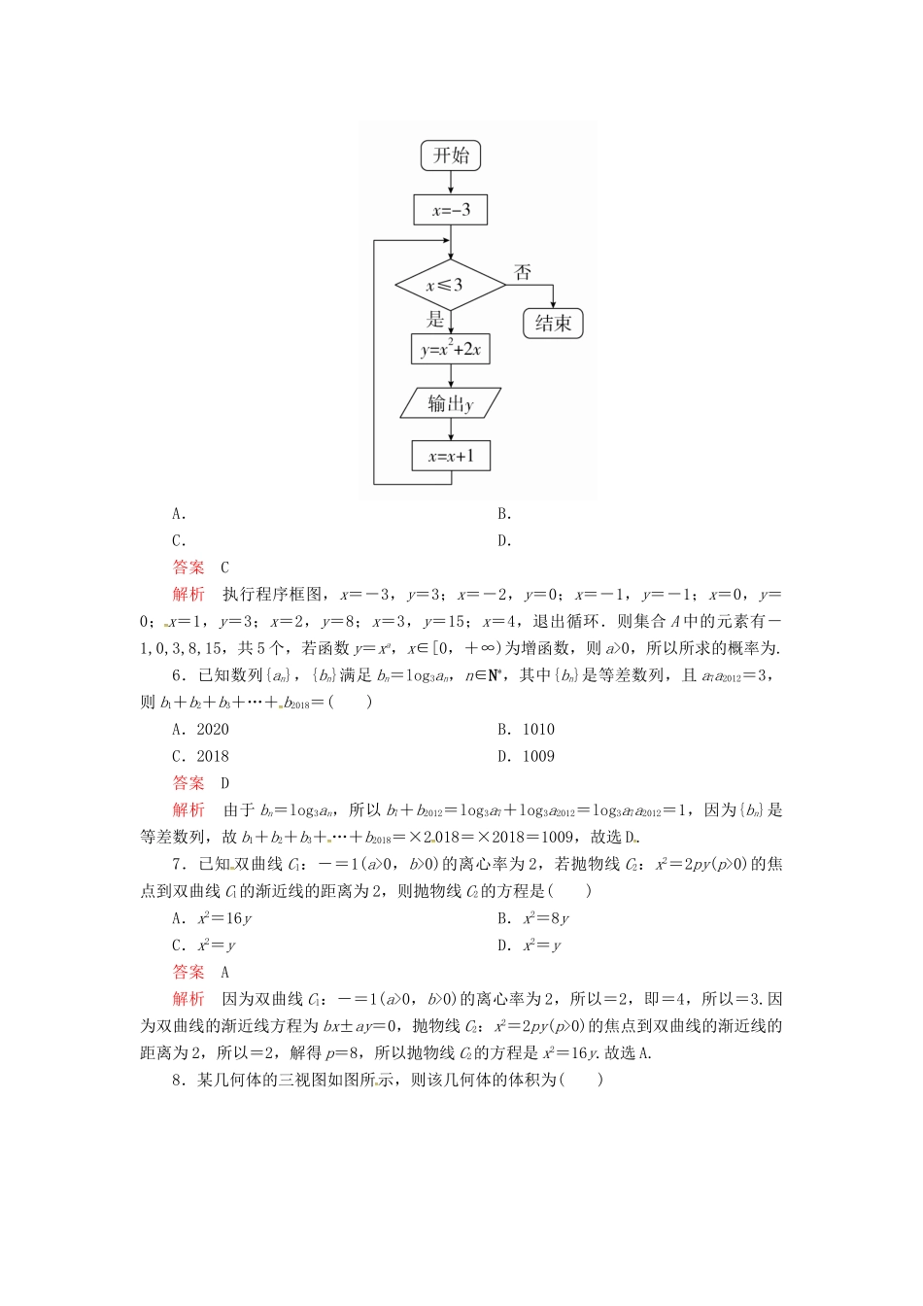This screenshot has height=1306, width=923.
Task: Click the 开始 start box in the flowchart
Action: click(x=451, y=155)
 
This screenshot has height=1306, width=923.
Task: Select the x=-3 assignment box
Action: click(x=451, y=210)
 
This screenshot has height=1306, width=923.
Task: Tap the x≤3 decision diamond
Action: click(x=450, y=285)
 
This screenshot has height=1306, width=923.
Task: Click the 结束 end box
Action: click(x=553, y=323)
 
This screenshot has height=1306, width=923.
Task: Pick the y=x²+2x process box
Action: click(x=450, y=350)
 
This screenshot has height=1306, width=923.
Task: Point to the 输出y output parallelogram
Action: click(x=450, y=403)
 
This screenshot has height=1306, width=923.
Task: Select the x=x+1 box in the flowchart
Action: click(x=451, y=456)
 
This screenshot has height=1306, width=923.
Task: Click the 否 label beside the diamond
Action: click(x=523, y=273)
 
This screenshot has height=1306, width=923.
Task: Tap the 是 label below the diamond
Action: click(x=435, y=319)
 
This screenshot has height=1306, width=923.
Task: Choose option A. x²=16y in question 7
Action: click(x=213, y=918)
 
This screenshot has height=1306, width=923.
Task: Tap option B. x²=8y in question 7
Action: click(x=534, y=918)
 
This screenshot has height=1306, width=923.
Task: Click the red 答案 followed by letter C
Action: click(x=188, y=567)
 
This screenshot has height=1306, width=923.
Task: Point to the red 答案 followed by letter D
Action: click(x=188, y=783)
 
